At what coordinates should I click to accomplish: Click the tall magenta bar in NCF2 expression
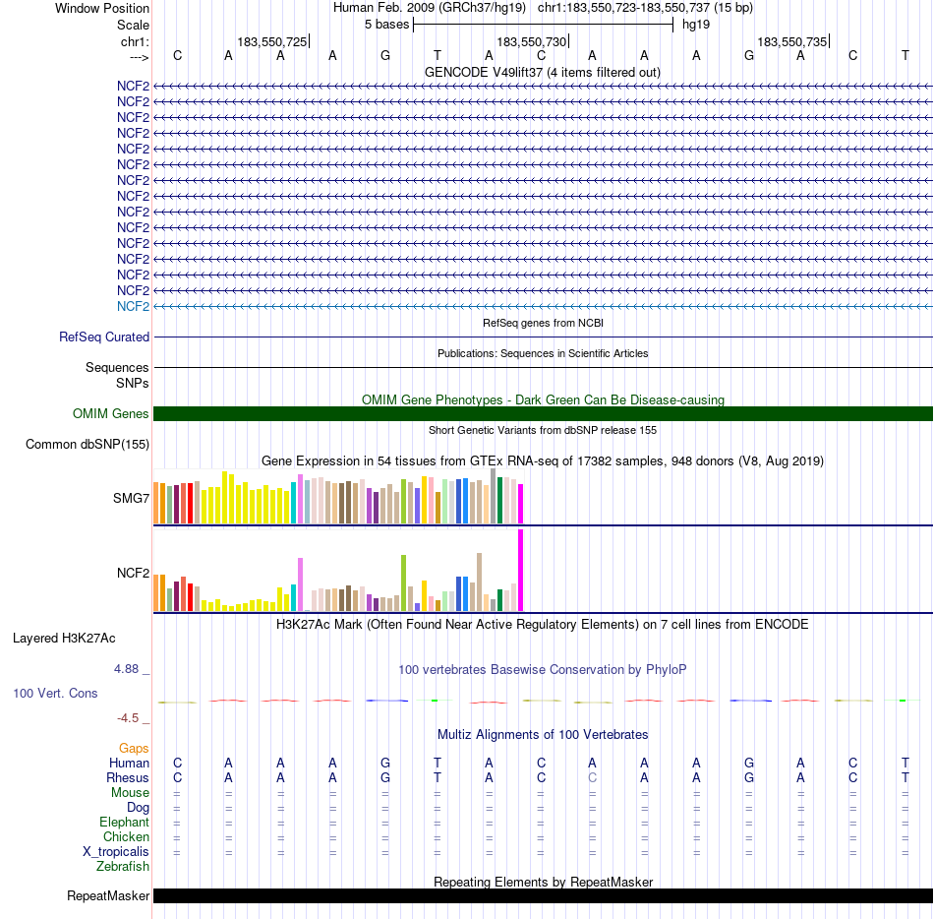point(521,571)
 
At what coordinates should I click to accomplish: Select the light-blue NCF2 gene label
point(133,306)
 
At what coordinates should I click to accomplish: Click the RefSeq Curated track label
point(104,337)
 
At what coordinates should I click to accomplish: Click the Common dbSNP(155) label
point(88,445)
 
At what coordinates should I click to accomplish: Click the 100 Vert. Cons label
point(55,694)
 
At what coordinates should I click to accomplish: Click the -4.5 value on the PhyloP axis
point(132,718)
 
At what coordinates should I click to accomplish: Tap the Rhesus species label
point(128,778)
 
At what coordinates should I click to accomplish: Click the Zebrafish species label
point(123,867)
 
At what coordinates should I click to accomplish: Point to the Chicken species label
point(126,837)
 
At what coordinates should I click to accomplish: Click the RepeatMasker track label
point(108,896)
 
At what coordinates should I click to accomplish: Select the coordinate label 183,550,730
point(532,42)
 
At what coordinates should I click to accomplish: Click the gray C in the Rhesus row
point(592,778)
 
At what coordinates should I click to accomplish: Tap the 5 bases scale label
point(382,24)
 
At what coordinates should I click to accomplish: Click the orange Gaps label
point(134,749)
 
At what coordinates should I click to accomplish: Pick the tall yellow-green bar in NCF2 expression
point(403,583)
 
